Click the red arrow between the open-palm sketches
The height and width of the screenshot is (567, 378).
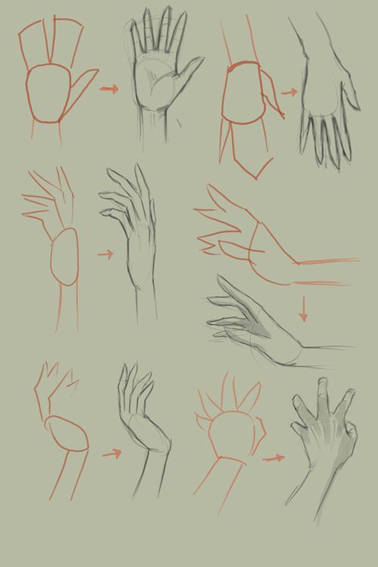tap(110, 89)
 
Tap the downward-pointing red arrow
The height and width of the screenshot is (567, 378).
tap(303, 309)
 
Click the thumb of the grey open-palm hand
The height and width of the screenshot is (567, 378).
tap(189, 73)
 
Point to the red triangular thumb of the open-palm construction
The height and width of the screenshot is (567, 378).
tap(84, 82)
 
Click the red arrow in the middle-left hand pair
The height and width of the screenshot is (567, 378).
tap(105, 255)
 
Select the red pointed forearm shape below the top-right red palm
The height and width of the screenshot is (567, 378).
tap(252, 159)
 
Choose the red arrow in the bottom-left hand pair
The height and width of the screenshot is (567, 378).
tap(111, 454)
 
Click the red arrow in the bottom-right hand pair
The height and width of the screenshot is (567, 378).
tap(274, 457)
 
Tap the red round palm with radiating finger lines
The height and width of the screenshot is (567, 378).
tap(229, 434)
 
